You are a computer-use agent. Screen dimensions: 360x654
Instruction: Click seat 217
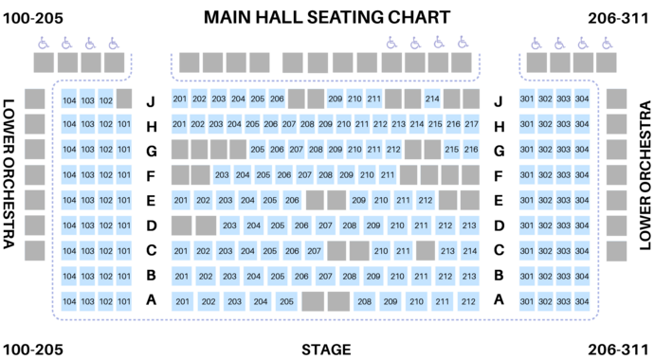click(471, 124)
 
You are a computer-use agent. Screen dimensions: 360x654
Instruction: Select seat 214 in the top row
click(432, 99)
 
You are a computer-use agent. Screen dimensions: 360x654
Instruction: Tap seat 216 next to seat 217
click(453, 124)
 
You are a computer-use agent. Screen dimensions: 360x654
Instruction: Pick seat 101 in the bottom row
click(123, 302)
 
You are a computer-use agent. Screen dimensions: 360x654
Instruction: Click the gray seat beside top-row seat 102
click(123, 99)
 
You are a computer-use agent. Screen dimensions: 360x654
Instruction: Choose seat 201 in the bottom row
click(182, 302)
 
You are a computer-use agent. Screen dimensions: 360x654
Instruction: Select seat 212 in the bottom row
click(467, 302)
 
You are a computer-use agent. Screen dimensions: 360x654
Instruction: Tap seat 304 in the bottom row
click(581, 302)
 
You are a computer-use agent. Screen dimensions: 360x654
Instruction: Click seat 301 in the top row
click(527, 99)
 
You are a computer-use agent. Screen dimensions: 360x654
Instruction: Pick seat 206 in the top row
click(277, 99)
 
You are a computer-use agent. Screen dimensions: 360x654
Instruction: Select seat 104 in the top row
click(69, 99)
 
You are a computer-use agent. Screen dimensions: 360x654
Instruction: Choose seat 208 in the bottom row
click(364, 302)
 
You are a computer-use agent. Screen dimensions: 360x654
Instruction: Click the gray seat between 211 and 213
click(425, 251)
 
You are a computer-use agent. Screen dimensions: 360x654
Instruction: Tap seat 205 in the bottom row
click(286, 302)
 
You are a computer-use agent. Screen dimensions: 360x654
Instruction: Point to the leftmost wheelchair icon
click(43, 43)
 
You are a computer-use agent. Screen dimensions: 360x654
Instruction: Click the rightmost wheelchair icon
click(605, 43)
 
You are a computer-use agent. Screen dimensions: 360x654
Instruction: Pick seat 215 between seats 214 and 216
click(434, 124)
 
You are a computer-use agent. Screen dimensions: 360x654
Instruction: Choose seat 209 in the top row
click(335, 99)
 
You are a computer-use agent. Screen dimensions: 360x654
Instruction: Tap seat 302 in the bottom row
click(545, 302)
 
